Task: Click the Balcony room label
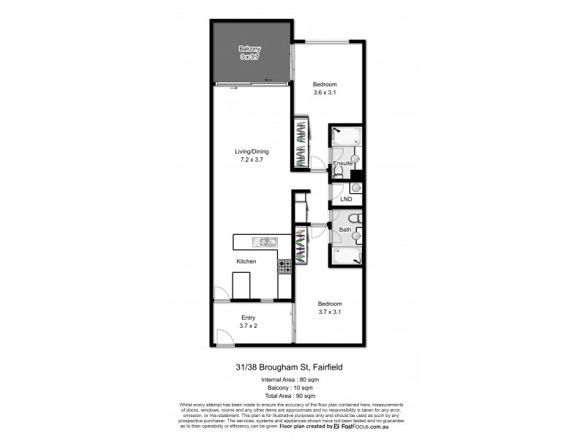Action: pos(250,49)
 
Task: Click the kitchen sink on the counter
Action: pos(261,241)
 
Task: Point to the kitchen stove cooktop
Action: pos(284,268)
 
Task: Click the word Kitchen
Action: pos(246,260)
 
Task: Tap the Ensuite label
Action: pos(343,163)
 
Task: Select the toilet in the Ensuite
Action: pos(339,173)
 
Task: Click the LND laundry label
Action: pos(346,198)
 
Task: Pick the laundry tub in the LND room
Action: pos(355,188)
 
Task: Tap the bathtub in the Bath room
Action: pos(346,256)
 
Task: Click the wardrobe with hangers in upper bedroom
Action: pos(301,143)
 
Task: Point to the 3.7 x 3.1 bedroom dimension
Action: pos(329,312)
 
